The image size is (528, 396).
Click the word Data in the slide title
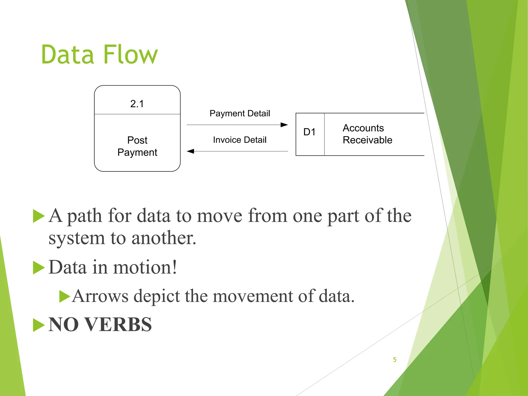pos(68,55)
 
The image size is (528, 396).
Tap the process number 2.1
pos(137,104)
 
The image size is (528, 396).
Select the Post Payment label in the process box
pos(137,146)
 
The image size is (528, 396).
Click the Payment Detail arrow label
pos(240,113)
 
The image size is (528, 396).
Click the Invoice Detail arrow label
pos(240,140)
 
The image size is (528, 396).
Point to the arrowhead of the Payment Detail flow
pos(284,125)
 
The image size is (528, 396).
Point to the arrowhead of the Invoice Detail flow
pos(191,151)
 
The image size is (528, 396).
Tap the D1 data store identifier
pos(309,132)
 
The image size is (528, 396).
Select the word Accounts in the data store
pos(363,128)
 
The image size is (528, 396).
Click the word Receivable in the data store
pos(367,140)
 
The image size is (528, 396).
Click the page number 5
pos(394,360)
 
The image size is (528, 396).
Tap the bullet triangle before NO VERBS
pos(39,325)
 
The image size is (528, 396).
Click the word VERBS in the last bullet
pos(118,324)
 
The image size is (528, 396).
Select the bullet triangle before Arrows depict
pos(64,296)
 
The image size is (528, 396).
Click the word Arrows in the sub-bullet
pos(100,296)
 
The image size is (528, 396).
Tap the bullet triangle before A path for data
pos(39,216)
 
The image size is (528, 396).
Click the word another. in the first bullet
pos(164,238)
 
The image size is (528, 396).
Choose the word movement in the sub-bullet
pos(253,296)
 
